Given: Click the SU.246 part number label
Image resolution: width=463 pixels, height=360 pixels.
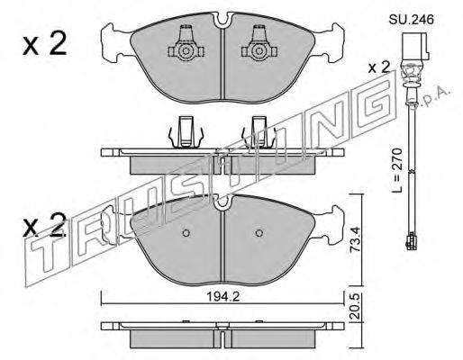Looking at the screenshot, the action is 412,20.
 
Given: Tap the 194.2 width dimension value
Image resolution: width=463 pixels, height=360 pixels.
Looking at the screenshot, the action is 222,297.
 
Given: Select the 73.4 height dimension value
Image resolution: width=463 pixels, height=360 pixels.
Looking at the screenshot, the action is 356,239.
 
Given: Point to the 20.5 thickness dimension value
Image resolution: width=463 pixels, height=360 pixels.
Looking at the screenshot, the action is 356,307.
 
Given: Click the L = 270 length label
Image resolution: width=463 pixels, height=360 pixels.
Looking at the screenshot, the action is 397,170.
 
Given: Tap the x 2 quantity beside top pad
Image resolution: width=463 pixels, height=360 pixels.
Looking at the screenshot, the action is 44,44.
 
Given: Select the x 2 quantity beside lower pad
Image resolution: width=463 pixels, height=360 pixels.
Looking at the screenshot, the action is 44,225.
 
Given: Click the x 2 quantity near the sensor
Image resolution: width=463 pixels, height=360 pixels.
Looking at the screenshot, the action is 378,67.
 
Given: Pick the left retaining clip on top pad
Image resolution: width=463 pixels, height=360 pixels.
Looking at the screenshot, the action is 186,44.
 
